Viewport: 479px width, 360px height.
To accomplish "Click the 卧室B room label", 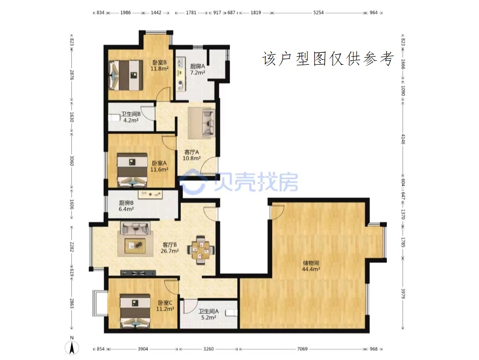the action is point(160,65).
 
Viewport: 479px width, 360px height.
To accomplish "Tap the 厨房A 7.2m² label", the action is point(198,69).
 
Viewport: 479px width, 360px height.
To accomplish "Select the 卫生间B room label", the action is point(131,117).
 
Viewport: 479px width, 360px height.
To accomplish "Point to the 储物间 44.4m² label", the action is point(311,266).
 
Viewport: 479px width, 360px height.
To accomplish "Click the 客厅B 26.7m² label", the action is point(169,248).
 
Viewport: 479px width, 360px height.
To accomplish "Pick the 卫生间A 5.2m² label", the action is point(208,314).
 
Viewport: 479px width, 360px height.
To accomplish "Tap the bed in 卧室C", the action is point(135,311).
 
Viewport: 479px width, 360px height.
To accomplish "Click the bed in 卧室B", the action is point(126,75).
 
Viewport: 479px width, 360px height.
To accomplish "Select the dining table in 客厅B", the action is point(201,249).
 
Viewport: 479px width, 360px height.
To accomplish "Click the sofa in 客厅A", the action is point(208,123).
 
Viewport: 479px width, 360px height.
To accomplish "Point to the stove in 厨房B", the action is point(150,194).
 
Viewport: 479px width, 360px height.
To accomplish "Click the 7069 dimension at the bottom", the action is point(302,349).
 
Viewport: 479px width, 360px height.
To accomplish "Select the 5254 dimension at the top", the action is point(318,13).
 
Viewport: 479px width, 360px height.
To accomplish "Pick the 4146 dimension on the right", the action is point(403,139).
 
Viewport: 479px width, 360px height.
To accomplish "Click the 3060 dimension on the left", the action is point(72,161).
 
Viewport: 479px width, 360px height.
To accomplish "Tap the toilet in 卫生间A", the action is point(231,313).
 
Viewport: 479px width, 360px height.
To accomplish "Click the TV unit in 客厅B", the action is point(138,273).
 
